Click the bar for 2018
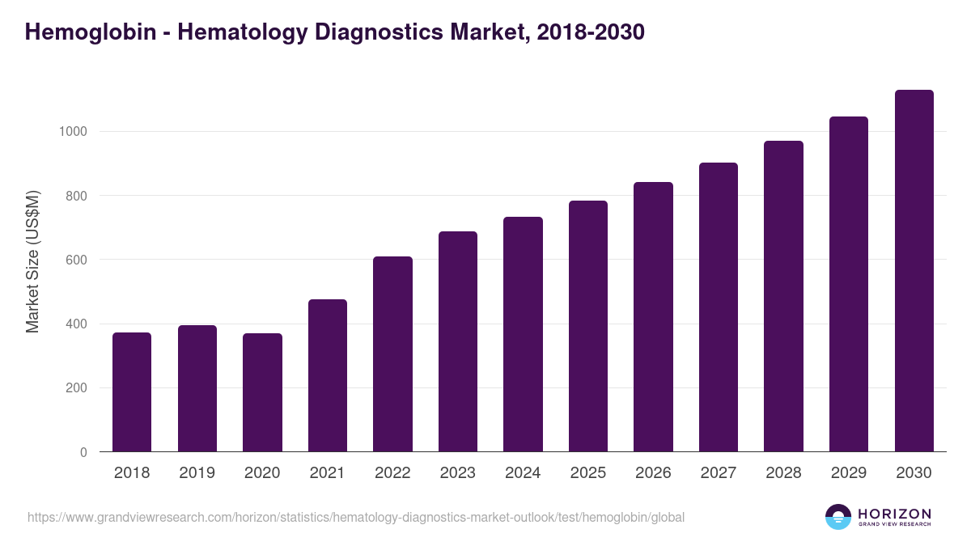[x=132, y=392]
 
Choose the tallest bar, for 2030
[x=914, y=271]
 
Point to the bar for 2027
[x=719, y=307]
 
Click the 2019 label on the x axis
[x=197, y=473]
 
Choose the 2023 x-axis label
[x=458, y=473]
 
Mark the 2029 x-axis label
[x=849, y=473]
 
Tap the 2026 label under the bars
[x=653, y=473]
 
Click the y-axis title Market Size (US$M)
[x=32, y=260]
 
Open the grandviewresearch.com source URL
[x=356, y=517]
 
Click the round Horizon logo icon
[x=838, y=517]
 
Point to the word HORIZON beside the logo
[x=894, y=513]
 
